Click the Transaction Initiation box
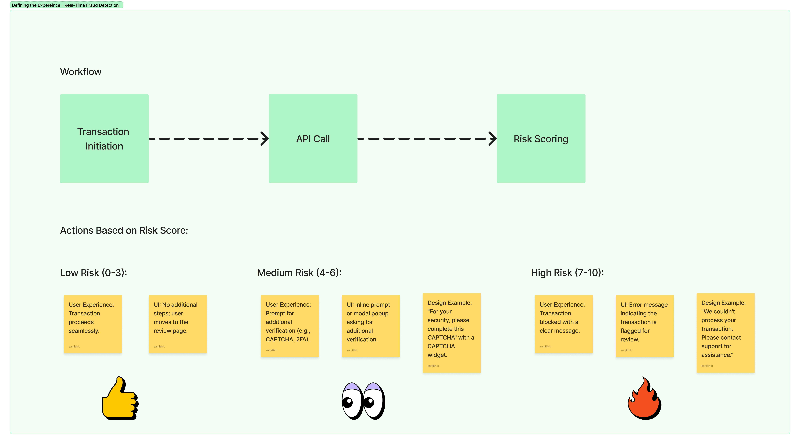(104, 139)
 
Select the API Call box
(313, 139)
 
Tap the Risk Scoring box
(541, 139)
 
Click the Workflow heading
(81, 72)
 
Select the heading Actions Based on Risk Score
(124, 231)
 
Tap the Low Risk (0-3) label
(93, 273)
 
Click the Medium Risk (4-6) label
(299, 273)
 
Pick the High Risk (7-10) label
(567, 273)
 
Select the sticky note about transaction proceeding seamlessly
(93, 324)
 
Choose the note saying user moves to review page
(178, 324)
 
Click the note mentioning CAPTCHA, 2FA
(290, 326)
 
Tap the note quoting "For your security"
(452, 333)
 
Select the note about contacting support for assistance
(725, 333)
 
